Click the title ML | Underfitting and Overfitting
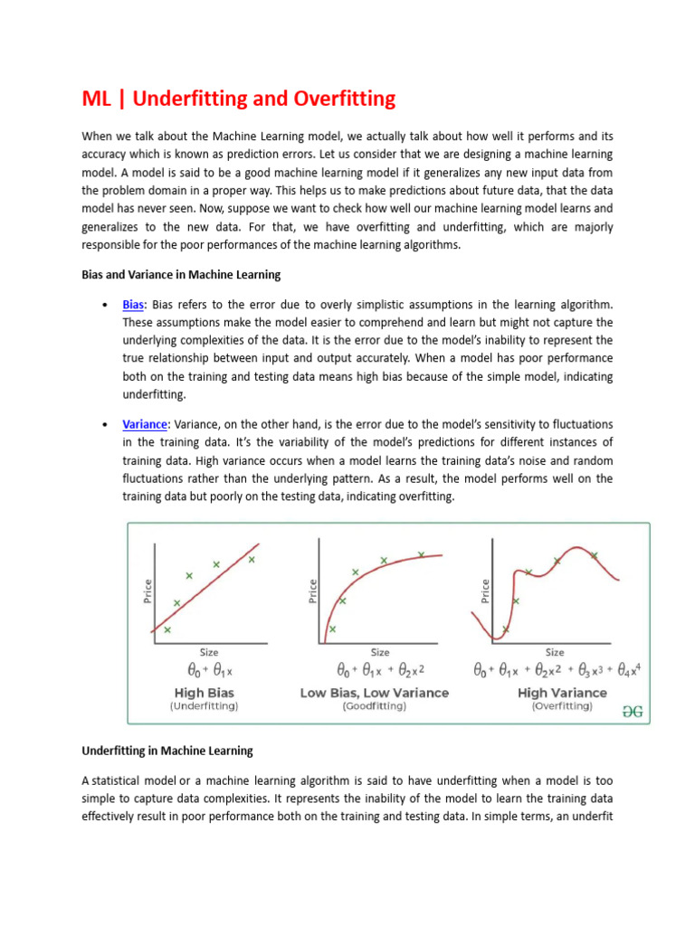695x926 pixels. pyautogui.click(x=239, y=99)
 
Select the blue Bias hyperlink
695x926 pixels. pyautogui.click(x=134, y=305)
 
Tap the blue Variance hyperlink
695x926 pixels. pyautogui.click(x=145, y=424)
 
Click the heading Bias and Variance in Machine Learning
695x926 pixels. pyautogui.click(x=181, y=274)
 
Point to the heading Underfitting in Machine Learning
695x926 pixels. pyautogui.click(x=167, y=751)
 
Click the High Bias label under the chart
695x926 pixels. pyautogui.click(x=205, y=693)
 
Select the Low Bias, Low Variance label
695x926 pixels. pyautogui.click(x=374, y=693)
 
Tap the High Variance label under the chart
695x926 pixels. pyautogui.click(x=562, y=693)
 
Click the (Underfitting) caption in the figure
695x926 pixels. pyautogui.click(x=205, y=706)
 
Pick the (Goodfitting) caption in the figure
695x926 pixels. pyautogui.click(x=374, y=706)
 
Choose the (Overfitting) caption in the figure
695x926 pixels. pyautogui.click(x=562, y=706)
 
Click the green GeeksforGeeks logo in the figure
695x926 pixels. pyautogui.click(x=633, y=711)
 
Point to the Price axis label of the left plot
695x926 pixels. pyautogui.click(x=148, y=591)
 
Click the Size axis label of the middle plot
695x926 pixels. pyautogui.click(x=380, y=652)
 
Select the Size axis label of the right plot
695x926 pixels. pyautogui.click(x=555, y=652)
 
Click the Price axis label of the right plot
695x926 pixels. pyautogui.click(x=485, y=591)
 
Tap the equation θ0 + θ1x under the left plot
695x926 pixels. pyautogui.click(x=210, y=672)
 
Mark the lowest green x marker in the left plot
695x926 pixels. pyautogui.click(x=167, y=629)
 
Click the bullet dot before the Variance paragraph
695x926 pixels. pyautogui.click(x=107, y=425)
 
